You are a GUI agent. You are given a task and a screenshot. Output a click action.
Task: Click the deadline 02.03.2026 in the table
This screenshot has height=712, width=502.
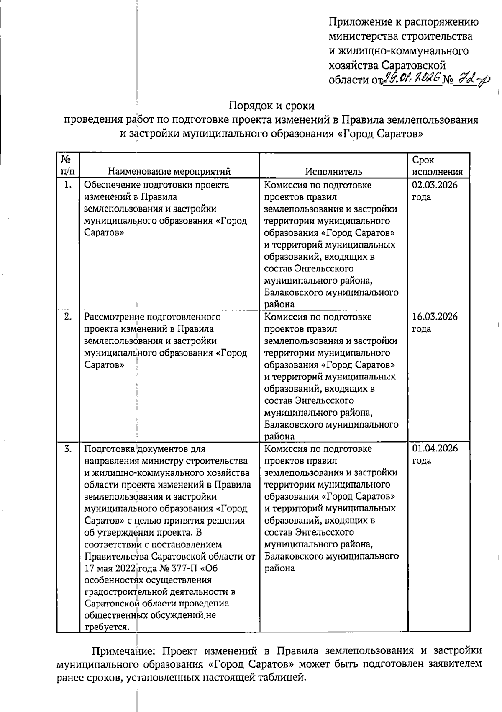coord(435,185)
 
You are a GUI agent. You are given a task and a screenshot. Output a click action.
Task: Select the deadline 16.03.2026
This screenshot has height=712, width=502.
coord(435,317)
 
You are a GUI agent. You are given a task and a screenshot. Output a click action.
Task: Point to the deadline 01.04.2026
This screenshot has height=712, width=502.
coord(435,449)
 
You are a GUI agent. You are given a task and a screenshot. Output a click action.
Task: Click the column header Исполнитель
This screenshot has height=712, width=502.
coord(333,171)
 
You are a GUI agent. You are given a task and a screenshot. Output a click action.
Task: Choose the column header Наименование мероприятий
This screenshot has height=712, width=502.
coord(169,171)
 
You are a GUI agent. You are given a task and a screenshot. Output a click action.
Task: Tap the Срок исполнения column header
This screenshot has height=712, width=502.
coord(437,166)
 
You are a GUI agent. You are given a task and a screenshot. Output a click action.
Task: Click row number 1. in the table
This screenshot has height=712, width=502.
coord(68,185)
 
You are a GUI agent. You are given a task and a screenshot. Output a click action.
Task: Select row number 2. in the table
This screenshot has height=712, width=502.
coord(68,317)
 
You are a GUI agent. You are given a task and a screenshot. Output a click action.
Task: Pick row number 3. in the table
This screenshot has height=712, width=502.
coord(68,449)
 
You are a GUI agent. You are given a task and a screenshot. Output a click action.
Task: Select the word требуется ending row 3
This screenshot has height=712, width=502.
coord(106,627)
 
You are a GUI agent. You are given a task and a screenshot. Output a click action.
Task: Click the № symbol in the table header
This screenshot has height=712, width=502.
coord(65,159)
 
